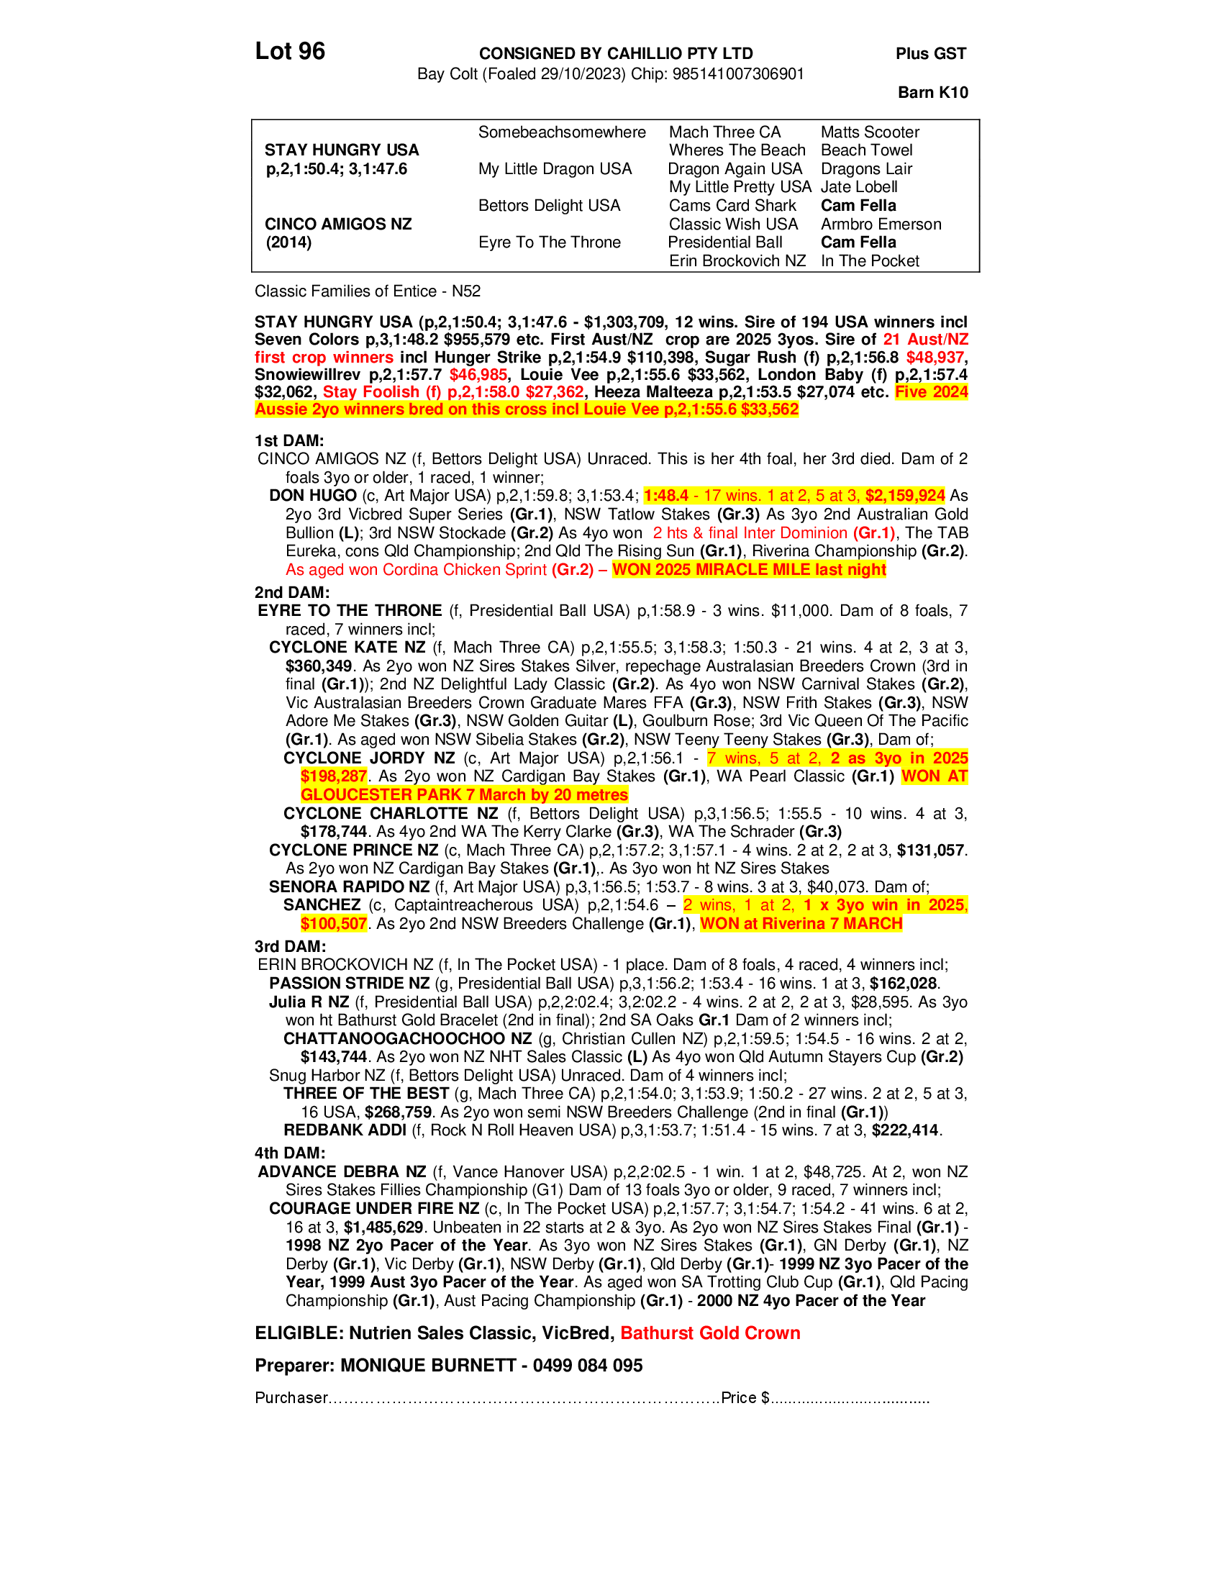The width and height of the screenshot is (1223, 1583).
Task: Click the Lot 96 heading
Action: [290, 52]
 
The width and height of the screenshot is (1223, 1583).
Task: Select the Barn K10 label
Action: [932, 92]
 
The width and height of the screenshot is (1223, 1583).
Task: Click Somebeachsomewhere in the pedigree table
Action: [562, 132]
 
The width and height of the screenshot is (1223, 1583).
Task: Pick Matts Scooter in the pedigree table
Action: [870, 132]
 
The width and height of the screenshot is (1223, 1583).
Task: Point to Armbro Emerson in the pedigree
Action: [881, 224]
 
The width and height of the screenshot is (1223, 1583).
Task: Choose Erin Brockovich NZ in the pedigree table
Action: [736, 261]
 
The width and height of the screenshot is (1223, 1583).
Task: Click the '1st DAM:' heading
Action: [288, 440]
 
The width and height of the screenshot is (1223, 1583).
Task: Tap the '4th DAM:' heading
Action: [289, 1153]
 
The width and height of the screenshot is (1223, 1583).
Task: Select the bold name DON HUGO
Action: [312, 496]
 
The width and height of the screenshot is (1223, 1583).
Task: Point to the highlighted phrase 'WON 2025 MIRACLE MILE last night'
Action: [748, 570]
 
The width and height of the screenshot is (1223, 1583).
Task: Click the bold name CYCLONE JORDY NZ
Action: [369, 758]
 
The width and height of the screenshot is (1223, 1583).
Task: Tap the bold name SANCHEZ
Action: [322, 905]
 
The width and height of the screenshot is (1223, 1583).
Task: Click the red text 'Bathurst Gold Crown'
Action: [710, 1333]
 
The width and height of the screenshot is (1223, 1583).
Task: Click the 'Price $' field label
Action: [745, 1397]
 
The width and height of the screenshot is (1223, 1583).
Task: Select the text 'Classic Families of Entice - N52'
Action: [368, 291]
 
